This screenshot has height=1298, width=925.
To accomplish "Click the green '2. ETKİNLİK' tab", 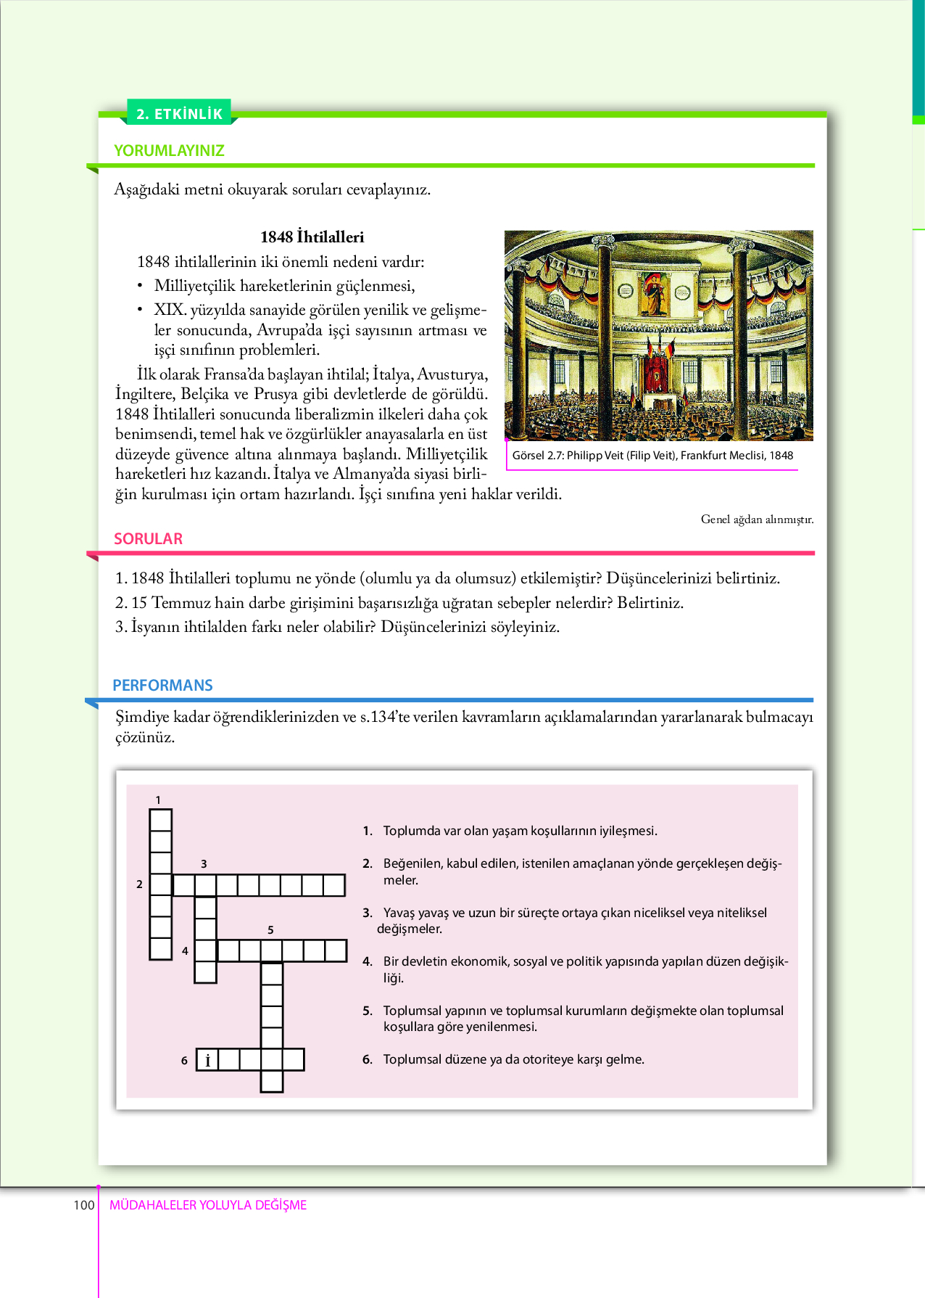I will tap(179, 113).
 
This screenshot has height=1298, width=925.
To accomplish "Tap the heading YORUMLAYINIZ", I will tap(169, 151).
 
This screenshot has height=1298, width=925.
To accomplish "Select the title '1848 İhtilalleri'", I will tap(312, 237).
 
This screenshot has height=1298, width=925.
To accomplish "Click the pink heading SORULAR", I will tap(148, 539).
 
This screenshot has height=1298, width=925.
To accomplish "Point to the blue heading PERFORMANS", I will tap(162, 686).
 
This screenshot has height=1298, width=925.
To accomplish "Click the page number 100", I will tap(83, 1205).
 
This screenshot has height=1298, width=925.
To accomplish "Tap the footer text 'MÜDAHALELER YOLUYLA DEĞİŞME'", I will tap(208, 1205).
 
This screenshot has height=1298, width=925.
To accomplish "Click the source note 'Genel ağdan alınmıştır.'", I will tap(757, 519).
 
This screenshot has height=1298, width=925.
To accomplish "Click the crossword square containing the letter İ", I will tap(207, 1060).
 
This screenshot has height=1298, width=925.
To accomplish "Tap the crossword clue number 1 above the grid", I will tap(158, 800).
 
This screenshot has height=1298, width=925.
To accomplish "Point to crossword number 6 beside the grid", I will tap(184, 1061).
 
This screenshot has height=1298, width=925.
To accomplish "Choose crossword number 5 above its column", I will tap(270, 930).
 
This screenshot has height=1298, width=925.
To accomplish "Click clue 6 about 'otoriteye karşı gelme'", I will tap(513, 1059).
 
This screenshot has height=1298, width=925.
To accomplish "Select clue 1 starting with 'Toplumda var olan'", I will tap(520, 831).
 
